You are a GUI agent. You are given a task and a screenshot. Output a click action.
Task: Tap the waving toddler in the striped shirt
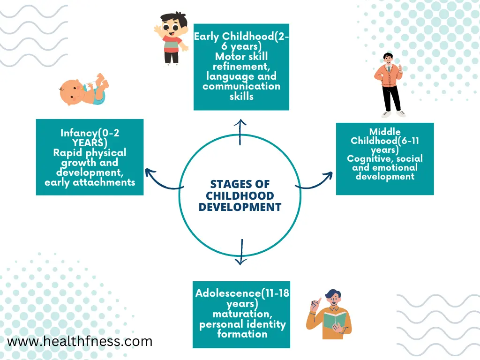coord(171,38)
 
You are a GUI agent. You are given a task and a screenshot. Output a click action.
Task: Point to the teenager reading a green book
coord(329,314)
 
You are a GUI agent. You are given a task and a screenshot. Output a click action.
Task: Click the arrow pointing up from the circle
coord(240,132)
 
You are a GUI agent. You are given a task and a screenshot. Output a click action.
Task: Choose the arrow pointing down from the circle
coord(241,252)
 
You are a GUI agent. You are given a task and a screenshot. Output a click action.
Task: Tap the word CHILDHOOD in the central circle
coord(240,195)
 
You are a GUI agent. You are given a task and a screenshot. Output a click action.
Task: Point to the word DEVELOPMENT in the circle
coord(240,207)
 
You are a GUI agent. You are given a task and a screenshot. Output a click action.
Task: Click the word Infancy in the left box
coord(79,133)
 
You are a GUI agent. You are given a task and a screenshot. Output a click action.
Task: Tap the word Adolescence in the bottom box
coord(228,293)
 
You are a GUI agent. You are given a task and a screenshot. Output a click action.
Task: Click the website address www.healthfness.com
coord(80,341)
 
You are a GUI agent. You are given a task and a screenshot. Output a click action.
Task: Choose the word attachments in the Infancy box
coord(104,182)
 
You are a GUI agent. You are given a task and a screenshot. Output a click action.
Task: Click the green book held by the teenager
coord(335,320)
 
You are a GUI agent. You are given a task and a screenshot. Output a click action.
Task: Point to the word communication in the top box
coord(241,86)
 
